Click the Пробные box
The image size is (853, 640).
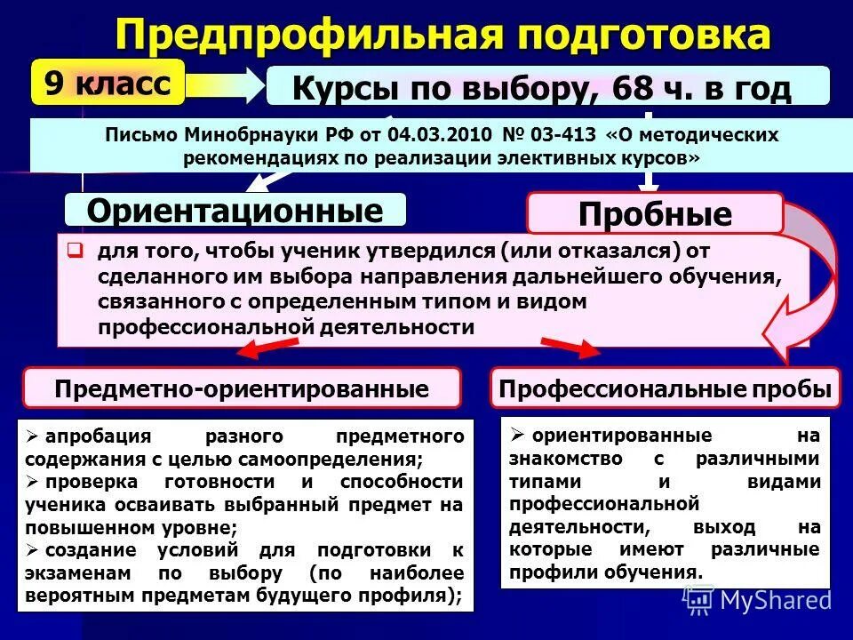(655, 214)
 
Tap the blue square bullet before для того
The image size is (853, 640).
(76, 250)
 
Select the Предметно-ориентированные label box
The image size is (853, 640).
(242, 388)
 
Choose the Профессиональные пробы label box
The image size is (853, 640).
(665, 388)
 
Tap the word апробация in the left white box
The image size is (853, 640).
(100, 436)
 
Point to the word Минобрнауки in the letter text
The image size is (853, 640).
(245, 136)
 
